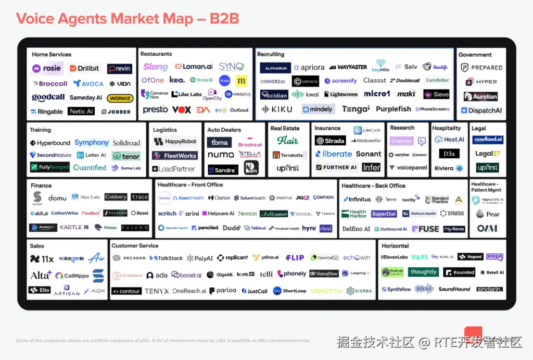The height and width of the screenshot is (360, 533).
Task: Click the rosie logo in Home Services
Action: [x=47, y=68]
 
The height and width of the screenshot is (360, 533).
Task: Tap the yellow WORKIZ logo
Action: [x=120, y=98]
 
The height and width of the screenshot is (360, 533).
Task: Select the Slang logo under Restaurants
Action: [x=155, y=67]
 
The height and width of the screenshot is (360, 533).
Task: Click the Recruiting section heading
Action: [x=271, y=54]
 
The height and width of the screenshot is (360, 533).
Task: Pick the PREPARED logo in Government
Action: [x=481, y=68]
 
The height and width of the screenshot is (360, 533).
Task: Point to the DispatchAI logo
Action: [x=481, y=110]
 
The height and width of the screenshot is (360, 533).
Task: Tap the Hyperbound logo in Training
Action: [x=50, y=143]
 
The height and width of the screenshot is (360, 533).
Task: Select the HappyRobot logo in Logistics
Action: [x=174, y=142]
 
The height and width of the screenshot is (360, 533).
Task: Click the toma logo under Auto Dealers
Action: [x=219, y=142]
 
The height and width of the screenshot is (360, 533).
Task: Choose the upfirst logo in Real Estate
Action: [x=287, y=168]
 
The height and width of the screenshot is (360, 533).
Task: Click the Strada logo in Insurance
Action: [x=330, y=141]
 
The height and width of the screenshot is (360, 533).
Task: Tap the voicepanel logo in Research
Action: [x=408, y=168]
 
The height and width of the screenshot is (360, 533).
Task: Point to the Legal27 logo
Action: [x=487, y=154]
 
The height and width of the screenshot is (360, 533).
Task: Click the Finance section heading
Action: [x=41, y=185]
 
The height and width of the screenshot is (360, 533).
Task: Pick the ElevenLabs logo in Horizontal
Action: [x=394, y=257]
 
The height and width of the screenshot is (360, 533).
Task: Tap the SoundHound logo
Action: [x=454, y=289]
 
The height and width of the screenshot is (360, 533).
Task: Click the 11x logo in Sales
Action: [x=42, y=259]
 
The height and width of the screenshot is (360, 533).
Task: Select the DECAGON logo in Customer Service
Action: [x=129, y=258]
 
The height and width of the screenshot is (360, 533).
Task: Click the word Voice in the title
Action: [x=39, y=19]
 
